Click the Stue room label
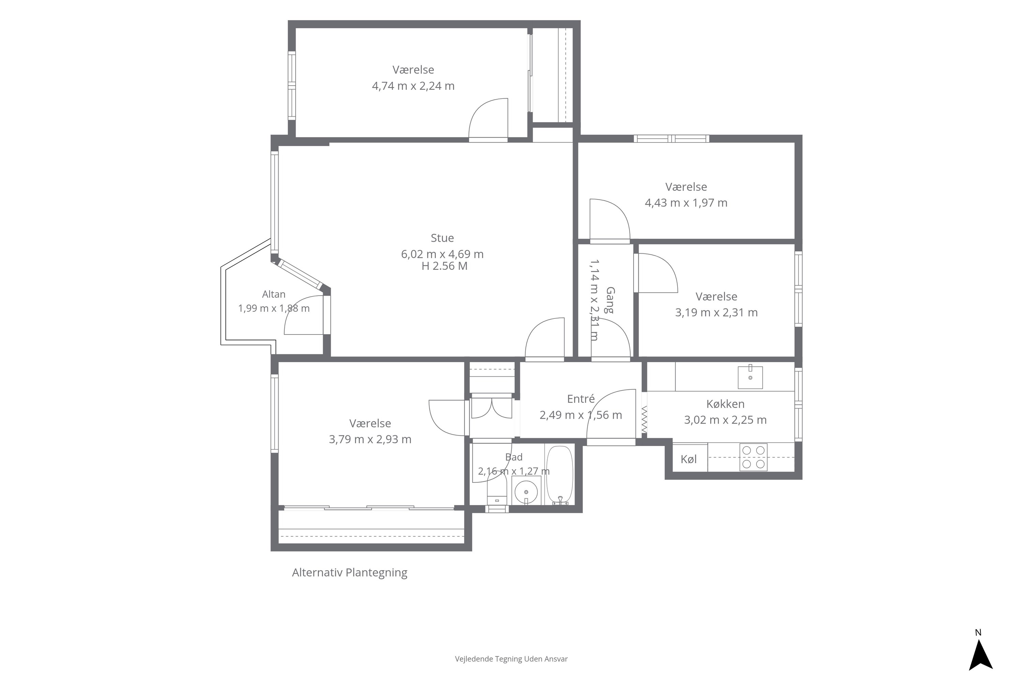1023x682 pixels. (x=442, y=238)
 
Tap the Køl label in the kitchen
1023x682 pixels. (x=688, y=459)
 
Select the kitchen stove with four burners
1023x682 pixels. (x=753, y=457)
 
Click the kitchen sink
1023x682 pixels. (x=750, y=377)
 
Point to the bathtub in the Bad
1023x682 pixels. (x=560, y=475)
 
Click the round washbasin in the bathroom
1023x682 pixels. (x=526, y=491)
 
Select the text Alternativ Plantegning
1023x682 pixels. (x=350, y=573)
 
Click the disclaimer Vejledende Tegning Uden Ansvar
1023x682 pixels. (x=511, y=659)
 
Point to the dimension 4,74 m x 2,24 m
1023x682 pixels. (x=413, y=86)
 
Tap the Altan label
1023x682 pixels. (x=273, y=295)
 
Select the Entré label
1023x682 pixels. (x=581, y=399)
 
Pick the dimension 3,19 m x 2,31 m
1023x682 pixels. (x=716, y=313)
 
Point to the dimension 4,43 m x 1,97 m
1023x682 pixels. (x=686, y=203)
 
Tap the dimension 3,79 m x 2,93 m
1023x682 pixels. (x=370, y=439)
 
